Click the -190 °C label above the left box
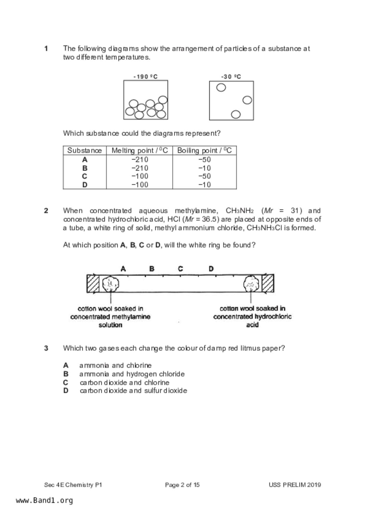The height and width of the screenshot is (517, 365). pyautogui.click(x=146, y=77)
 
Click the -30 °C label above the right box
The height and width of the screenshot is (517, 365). pyautogui.click(x=231, y=77)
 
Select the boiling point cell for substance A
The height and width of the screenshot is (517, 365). pyautogui.click(x=204, y=160)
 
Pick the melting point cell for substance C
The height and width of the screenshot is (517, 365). pyautogui.click(x=140, y=176)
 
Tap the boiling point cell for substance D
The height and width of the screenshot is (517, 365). pyautogui.click(x=204, y=185)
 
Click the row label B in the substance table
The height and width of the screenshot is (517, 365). pyautogui.click(x=85, y=168)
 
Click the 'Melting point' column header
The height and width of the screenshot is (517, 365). pyautogui.click(x=140, y=151)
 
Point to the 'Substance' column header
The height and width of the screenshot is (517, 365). pyautogui.click(x=85, y=151)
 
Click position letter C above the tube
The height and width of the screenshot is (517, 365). pyautogui.click(x=181, y=269)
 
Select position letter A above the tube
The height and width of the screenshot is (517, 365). pyautogui.click(x=123, y=269)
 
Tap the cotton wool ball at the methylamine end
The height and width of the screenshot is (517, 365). pyautogui.click(x=110, y=284)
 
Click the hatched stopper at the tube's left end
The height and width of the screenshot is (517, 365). pyautogui.click(x=93, y=284)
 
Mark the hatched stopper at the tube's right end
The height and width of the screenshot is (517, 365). pyautogui.click(x=268, y=283)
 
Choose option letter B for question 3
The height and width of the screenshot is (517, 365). pyautogui.click(x=66, y=374)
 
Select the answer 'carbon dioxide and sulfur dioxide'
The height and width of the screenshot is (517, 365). pyautogui.click(x=133, y=391)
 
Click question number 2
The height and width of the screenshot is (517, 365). pyautogui.click(x=46, y=211)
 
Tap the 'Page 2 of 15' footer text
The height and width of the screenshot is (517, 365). pyautogui.click(x=182, y=485)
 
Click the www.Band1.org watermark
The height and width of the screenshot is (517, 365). pyautogui.click(x=44, y=500)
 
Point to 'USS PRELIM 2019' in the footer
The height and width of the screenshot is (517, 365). pyautogui.click(x=295, y=485)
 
